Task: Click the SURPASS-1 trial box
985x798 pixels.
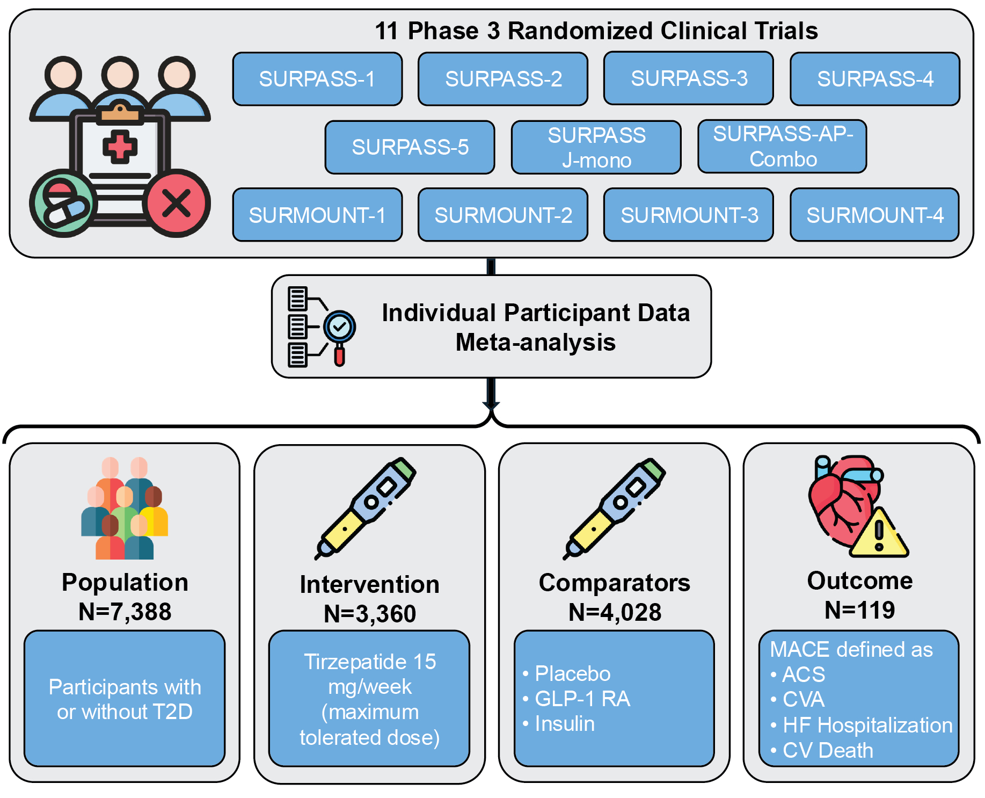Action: click(317, 79)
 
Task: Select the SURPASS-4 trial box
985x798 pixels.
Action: click(875, 79)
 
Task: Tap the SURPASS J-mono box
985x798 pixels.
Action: click(596, 147)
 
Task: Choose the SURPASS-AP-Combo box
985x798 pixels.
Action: click(782, 146)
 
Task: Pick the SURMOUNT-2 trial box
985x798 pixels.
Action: click(503, 215)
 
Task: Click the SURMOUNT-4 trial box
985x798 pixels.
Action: click(875, 215)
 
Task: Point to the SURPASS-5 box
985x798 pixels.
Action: click(410, 147)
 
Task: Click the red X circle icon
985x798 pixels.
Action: click(177, 204)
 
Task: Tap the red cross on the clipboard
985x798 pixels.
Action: click(120, 147)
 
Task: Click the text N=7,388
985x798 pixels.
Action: click(125, 612)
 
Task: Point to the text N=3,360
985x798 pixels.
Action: click(370, 614)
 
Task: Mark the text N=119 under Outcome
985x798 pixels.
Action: click(860, 610)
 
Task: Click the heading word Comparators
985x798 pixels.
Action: click(615, 583)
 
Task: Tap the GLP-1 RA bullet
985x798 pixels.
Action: click(582, 699)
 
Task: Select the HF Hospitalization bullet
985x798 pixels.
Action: click(867, 725)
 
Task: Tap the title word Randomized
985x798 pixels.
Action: click(581, 31)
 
